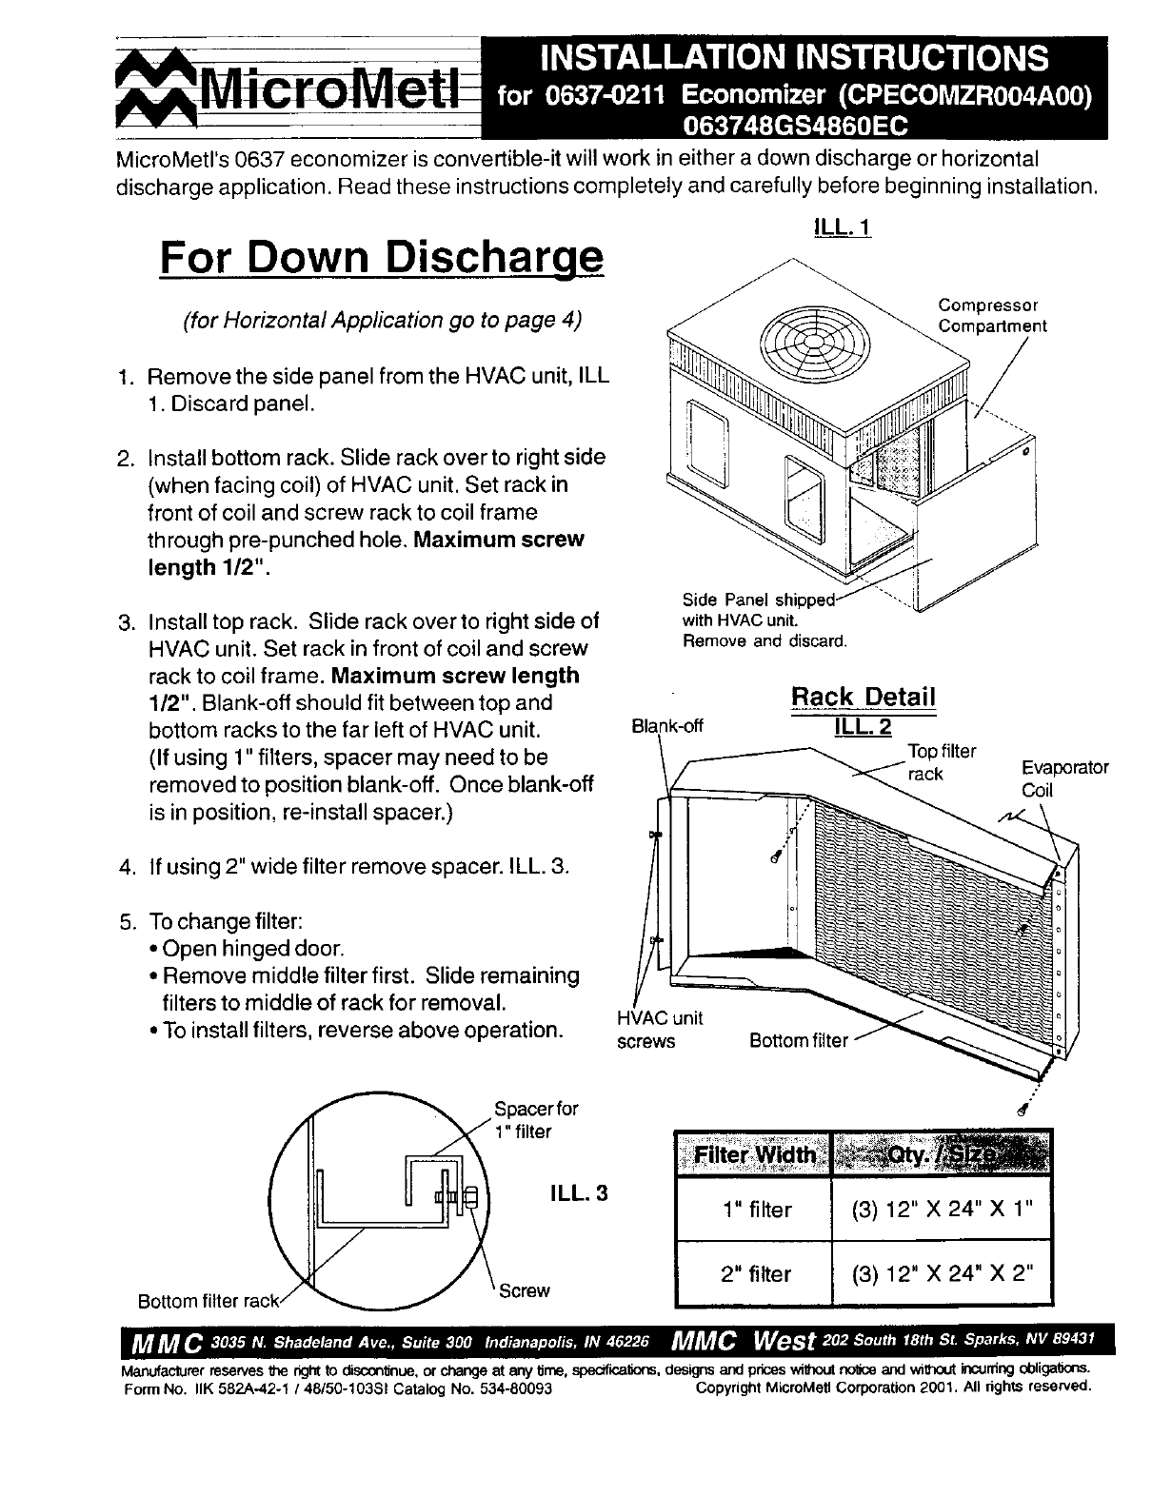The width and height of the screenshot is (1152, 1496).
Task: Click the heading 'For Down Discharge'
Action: click(381, 257)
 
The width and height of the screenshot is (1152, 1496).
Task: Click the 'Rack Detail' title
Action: click(864, 697)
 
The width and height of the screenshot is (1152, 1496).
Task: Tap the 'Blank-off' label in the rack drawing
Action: click(667, 726)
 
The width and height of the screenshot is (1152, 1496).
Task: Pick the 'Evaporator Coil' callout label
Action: click(1064, 778)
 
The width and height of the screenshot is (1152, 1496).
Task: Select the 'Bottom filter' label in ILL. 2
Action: click(798, 1040)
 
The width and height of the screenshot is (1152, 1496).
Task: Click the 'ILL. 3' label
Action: click(578, 1192)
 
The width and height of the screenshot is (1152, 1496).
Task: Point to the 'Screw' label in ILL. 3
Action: click(525, 1290)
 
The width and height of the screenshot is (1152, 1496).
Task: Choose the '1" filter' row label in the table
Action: click(756, 1210)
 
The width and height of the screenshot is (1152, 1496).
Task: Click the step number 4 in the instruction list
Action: click(126, 868)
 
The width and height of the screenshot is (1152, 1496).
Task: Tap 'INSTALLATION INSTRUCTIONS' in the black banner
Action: click(793, 58)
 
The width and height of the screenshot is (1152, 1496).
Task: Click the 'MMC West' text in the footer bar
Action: click(745, 1341)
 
